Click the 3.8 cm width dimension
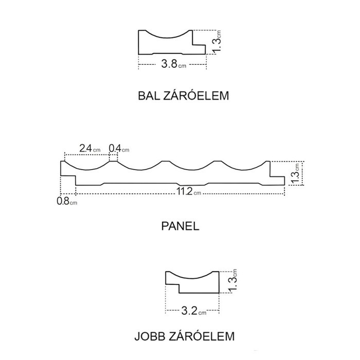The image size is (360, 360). coord(174,64)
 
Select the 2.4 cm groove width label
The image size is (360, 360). coord(90,148)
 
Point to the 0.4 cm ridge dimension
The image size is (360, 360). coord(119,149)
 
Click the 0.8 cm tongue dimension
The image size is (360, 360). coord(67,201)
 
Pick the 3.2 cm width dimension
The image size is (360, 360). coord(194,311)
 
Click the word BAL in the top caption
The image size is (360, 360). coord(149,96)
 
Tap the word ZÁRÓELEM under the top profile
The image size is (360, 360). coord(196,95)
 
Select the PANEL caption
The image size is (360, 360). coord(180,226)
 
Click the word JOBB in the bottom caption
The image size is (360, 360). coord(150,336)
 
